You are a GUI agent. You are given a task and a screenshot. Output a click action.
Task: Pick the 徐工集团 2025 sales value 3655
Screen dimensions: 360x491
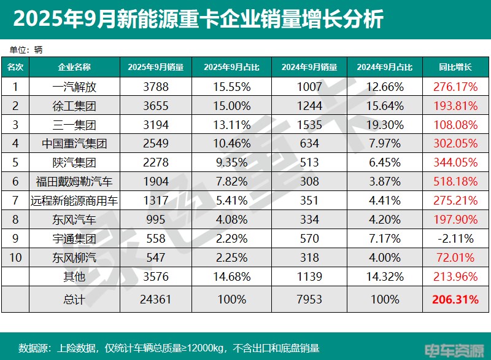(155, 106)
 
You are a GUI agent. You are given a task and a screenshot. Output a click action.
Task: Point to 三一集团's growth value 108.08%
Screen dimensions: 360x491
(455, 125)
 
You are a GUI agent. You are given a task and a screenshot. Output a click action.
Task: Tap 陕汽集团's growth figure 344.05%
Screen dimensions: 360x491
(455, 163)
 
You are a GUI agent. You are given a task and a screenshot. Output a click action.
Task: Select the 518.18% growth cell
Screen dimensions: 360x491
(455, 182)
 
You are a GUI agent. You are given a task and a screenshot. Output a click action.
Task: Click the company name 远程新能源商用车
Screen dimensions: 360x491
(74, 201)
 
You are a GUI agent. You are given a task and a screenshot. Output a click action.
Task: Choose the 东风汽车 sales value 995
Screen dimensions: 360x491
(155, 220)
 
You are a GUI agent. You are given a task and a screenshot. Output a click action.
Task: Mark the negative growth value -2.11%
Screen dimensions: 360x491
(455, 239)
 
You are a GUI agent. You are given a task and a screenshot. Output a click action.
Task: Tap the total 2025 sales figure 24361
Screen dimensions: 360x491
(155, 300)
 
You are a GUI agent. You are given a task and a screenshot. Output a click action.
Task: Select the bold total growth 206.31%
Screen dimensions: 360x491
(455, 300)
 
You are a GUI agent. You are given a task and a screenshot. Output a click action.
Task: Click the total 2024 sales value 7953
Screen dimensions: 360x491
(309, 300)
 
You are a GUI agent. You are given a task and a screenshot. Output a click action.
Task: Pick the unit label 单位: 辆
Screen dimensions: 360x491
(25, 49)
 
